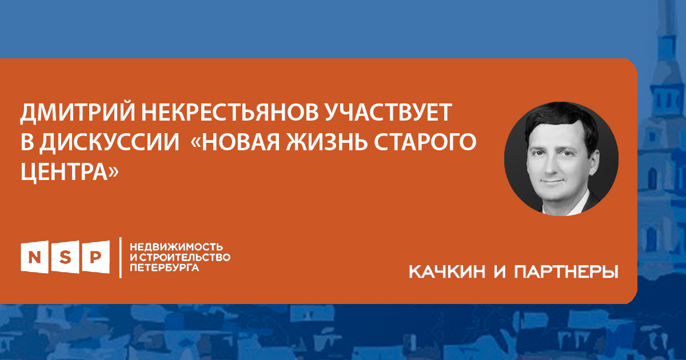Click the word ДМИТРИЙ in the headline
(x=78, y=113)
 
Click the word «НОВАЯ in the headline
(x=235, y=142)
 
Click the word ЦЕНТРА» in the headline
(x=70, y=172)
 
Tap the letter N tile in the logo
(x=35, y=257)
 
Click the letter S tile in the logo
(x=65, y=257)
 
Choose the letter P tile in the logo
(x=96, y=257)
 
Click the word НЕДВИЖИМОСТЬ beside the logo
(x=177, y=247)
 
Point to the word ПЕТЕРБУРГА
(x=165, y=267)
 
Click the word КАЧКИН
(x=448, y=272)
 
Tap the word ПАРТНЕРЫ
(x=567, y=272)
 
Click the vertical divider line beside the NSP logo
(x=121, y=258)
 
